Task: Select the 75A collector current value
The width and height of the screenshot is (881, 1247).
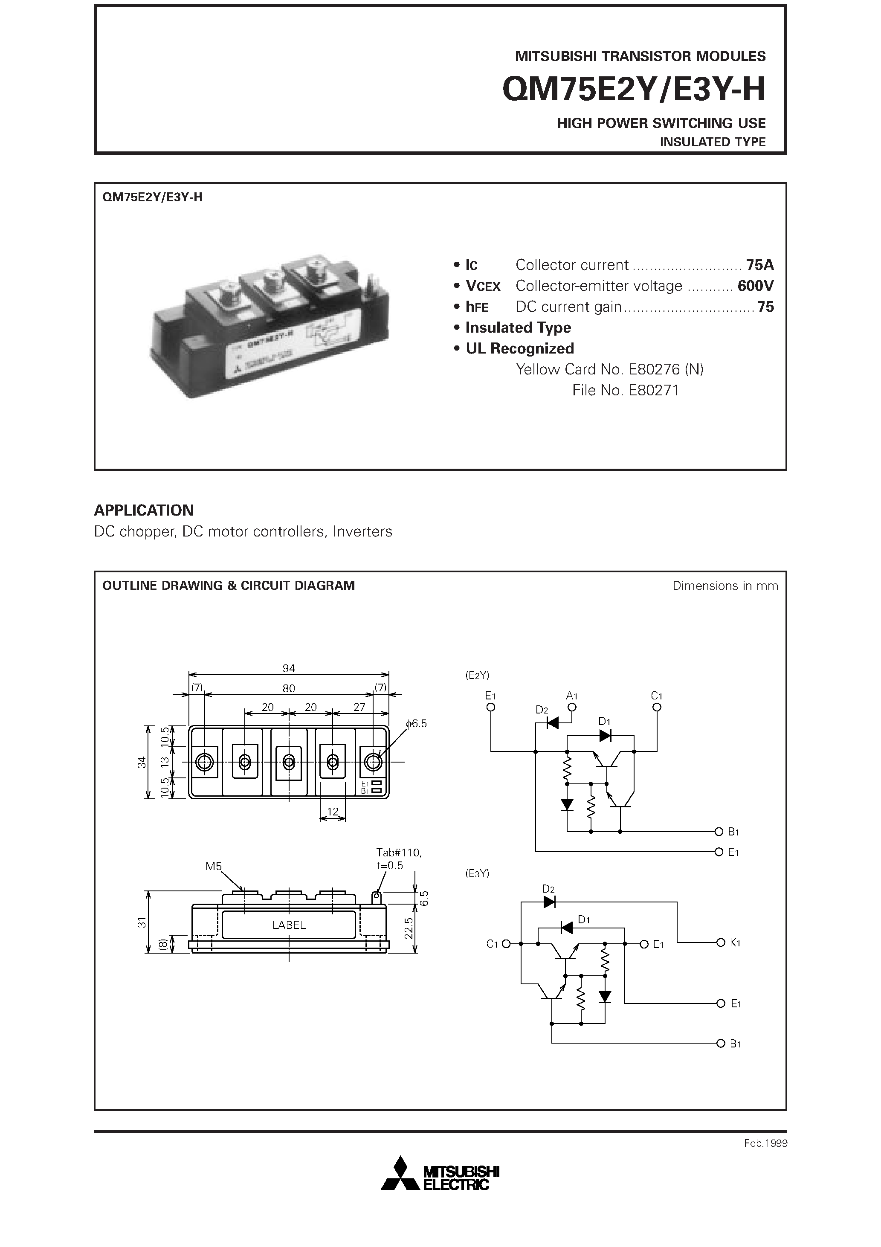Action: (759, 265)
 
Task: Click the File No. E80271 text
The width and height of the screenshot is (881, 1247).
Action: (625, 391)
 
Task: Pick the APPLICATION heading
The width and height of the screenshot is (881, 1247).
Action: (144, 510)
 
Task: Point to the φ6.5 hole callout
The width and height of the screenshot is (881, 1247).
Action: (416, 723)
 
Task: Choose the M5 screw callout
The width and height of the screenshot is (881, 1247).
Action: (214, 866)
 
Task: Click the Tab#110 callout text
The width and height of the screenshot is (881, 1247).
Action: (398, 853)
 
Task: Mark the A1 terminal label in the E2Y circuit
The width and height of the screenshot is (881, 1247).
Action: (571, 696)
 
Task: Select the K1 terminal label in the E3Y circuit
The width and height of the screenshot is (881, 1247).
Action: (735, 943)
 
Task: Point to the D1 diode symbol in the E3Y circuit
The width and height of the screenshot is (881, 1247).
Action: (567, 928)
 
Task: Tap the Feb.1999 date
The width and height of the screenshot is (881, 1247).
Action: (765, 1143)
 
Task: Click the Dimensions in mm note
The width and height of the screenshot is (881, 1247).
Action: (725, 586)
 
